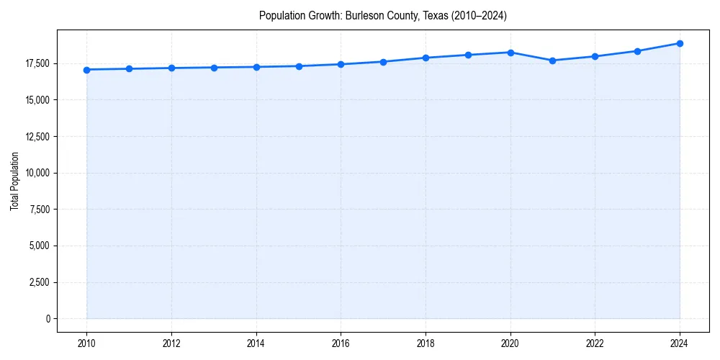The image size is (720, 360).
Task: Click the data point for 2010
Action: click(86, 70)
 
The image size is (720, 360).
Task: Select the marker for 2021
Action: click(552, 60)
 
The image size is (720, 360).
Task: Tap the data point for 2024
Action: click(680, 43)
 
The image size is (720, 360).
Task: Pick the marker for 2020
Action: click(510, 53)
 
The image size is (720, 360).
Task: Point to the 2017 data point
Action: click(383, 62)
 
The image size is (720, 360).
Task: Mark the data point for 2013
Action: click(214, 68)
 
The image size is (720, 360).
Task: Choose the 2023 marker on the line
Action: click(637, 51)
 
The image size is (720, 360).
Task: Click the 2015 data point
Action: click(299, 66)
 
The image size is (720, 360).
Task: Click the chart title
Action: click(383, 16)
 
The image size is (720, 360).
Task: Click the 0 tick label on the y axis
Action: click(47, 318)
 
